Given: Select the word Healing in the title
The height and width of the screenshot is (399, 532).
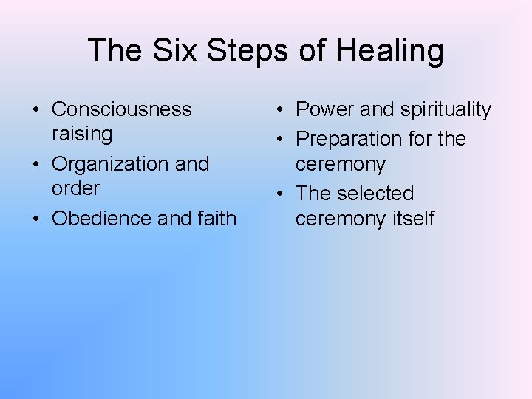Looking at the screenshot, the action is pos(389,51).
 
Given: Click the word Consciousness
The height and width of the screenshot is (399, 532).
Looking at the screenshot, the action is pos(121,109).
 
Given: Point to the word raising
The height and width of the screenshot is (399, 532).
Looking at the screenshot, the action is pos(81,134).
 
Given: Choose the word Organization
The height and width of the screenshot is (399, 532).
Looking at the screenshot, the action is pos(109,163).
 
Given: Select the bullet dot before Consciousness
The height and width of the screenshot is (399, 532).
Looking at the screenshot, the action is pos(35,110).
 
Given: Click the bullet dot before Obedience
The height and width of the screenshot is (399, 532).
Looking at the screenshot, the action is pos(35,219).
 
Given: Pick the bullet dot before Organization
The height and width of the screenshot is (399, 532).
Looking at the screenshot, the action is pos(35,164).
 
